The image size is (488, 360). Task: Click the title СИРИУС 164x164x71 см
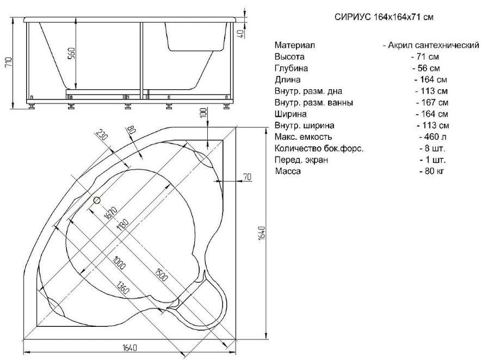point(384,17)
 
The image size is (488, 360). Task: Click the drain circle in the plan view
point(97,200)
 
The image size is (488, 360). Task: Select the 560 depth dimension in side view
point(71,53)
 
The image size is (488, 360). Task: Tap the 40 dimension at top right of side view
point(241,34)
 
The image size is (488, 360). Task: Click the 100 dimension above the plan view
point(203,113)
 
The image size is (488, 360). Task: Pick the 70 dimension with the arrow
point(247,177)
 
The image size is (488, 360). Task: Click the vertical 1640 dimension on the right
point(262,232)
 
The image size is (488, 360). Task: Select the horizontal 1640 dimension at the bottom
point(129,347)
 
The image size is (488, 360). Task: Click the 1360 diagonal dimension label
point(122,287)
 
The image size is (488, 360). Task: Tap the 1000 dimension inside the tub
point(119,262)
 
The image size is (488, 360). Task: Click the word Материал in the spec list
point(295,45)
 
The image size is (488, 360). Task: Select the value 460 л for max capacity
point(433,136)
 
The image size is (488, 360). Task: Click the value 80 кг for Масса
point(432,171)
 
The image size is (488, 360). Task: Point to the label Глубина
point(291,68)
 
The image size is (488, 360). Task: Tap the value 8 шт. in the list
point(433,148)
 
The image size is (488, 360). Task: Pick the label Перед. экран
point(301,160)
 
